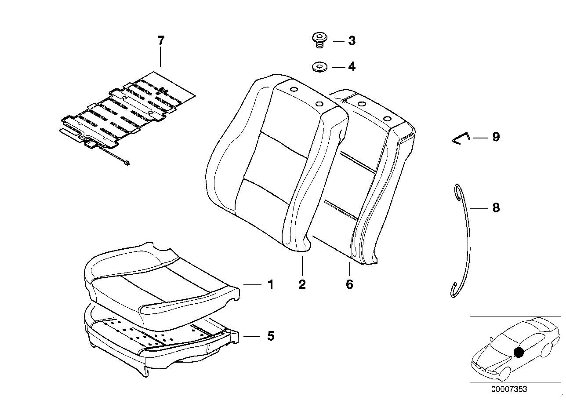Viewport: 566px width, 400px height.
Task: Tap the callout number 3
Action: [352, 41]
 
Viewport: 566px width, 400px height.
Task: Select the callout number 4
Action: [352, 67]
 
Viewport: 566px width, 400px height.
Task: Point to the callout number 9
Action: [496, 137]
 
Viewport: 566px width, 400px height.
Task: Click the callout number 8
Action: [496, 207]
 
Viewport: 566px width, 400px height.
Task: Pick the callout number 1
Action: [270, 285]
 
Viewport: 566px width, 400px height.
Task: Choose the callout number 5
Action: [270, 336]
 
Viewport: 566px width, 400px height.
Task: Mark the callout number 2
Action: [302, 284]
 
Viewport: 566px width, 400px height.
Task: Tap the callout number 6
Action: [349, 284]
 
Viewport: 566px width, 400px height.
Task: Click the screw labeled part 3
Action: [319, 40]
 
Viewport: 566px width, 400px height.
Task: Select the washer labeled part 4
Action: [319, 68]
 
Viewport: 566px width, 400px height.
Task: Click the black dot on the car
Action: [519, 352]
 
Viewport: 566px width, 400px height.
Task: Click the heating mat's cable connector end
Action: [127, 164]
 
